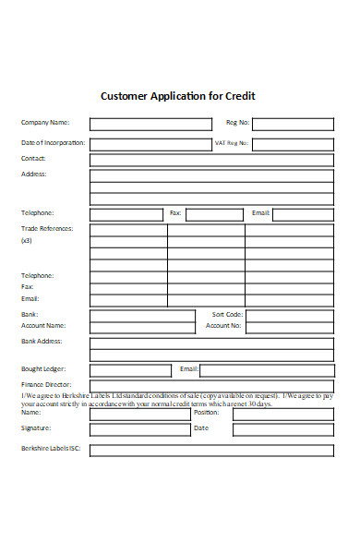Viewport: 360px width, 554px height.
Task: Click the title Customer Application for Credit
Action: [x=177, y=95]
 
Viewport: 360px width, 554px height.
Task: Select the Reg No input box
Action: [x=293, y=124]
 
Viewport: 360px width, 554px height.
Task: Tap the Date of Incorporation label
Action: [x=54, y=143]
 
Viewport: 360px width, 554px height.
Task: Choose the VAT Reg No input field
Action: [x=293, y=144]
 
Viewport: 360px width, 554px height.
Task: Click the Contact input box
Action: [x=211, y=160]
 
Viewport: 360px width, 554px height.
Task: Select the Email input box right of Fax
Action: [x=302, y=214]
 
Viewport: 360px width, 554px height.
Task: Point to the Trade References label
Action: [x=47, y=228]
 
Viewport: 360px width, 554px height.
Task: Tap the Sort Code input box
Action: [x=290, y=315]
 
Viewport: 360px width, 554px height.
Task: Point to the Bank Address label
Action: [x=42, y=341]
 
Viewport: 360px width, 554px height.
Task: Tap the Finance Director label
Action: [x=46, y=384]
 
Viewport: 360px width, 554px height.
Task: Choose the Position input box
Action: [x=282, y=414]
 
